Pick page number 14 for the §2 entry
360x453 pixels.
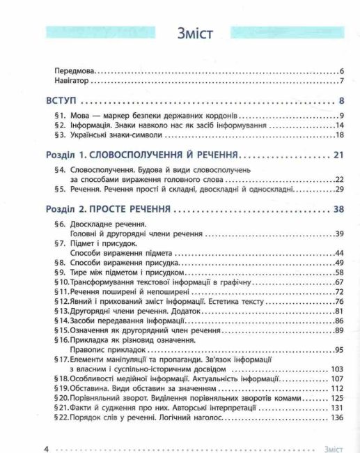pyautogui.click(x=340, y=125)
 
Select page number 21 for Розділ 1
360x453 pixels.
pyautogui.click(x=339, y=155)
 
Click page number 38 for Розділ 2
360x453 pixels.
pyautogui.click(x=339, y=209)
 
